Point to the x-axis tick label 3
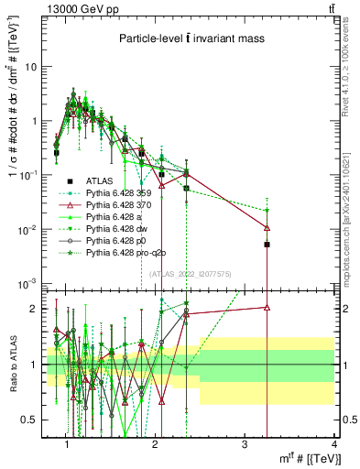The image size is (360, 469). click(245, 444)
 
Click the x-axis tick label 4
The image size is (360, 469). click(334, 444)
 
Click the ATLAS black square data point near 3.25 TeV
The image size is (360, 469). click(267, 245)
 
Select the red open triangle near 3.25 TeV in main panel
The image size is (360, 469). click(267, 227)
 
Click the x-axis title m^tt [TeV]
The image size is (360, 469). click(308, 458)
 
